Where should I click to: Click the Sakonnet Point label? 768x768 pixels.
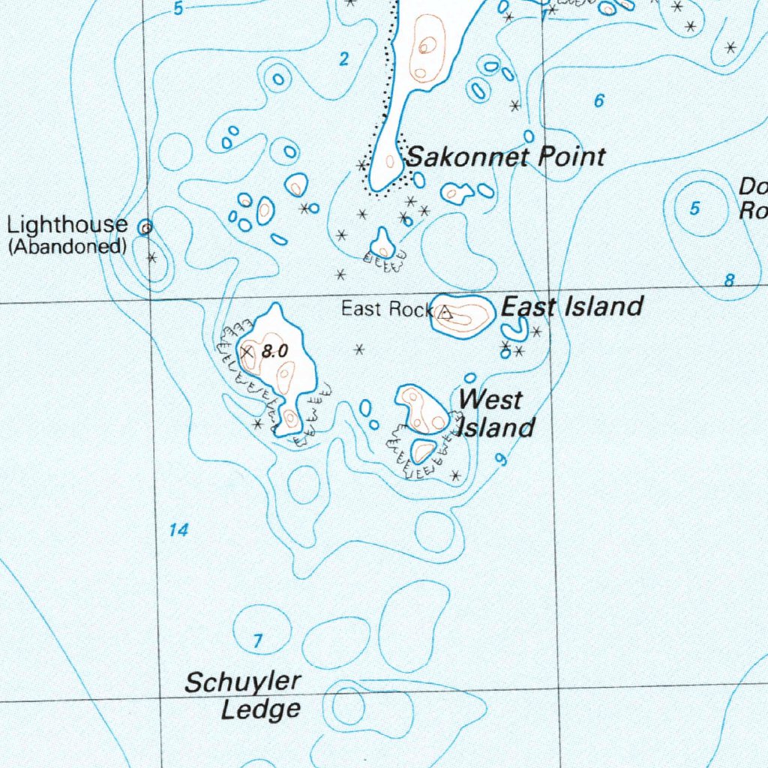point(505,157)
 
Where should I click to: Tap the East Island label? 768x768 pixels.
point(571,307)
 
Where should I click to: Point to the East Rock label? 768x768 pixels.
point(386,308)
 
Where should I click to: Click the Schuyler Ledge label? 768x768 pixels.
point(243,695)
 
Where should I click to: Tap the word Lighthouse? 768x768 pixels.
point(67,224)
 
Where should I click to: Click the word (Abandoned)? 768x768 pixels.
point(67,246)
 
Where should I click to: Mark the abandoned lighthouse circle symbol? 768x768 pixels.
point(147,226)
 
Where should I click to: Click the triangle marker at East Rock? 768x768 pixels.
point(445,313)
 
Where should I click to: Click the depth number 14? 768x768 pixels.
point(178,530)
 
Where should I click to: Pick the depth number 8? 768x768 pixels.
point(729,280)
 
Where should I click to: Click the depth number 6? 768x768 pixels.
point(598,100)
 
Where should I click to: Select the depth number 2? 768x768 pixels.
point(343,60)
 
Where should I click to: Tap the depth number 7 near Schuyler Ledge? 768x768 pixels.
point(258,640)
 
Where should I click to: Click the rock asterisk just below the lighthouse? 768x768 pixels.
point(152,258)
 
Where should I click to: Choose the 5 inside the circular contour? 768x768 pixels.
point(694,208)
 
